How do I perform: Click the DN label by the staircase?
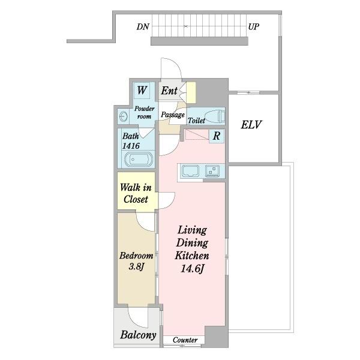(x=143, y=27)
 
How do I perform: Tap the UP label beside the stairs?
(x=254, y=27)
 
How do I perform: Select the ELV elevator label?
(x=251, y=125)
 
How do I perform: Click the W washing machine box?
(x=142, y=90)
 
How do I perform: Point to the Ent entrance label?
(x=169, y=91)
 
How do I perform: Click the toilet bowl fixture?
(x=214, y=116)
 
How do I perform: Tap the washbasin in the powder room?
(x=124, y=116)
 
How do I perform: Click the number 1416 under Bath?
(x=131, y=146)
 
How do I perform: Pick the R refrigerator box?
(x=217, y=136)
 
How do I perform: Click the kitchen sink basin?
(x=190, y=171)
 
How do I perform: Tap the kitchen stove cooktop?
(x=212, y=171)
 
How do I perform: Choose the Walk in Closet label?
(x=136, y=193)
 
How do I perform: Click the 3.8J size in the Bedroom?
(x=136, y=267)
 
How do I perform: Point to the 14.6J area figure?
(x=192, y=269)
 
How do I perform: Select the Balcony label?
(x=138, y=335)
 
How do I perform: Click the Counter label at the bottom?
(x=185, y=340)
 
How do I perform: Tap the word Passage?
(x=173, y=115)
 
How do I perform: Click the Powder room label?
(x=144, y=113)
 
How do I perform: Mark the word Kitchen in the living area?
(x=192, y=256)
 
